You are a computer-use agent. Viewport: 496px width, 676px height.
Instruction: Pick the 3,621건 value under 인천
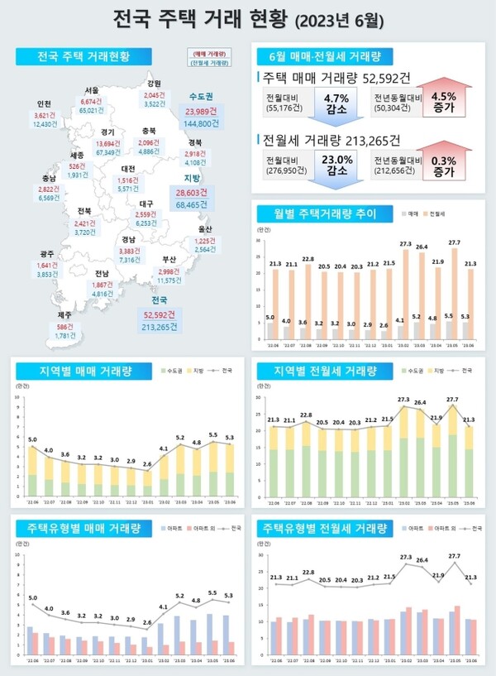[45, 114]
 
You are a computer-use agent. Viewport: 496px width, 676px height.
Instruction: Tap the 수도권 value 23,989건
[203, 111]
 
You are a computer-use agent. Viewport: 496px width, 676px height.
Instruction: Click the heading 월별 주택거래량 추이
[318, 214]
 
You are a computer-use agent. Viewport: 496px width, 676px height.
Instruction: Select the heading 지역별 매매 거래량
[83, 369]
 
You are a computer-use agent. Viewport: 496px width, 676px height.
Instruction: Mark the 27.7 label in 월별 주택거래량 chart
[453, 243]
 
